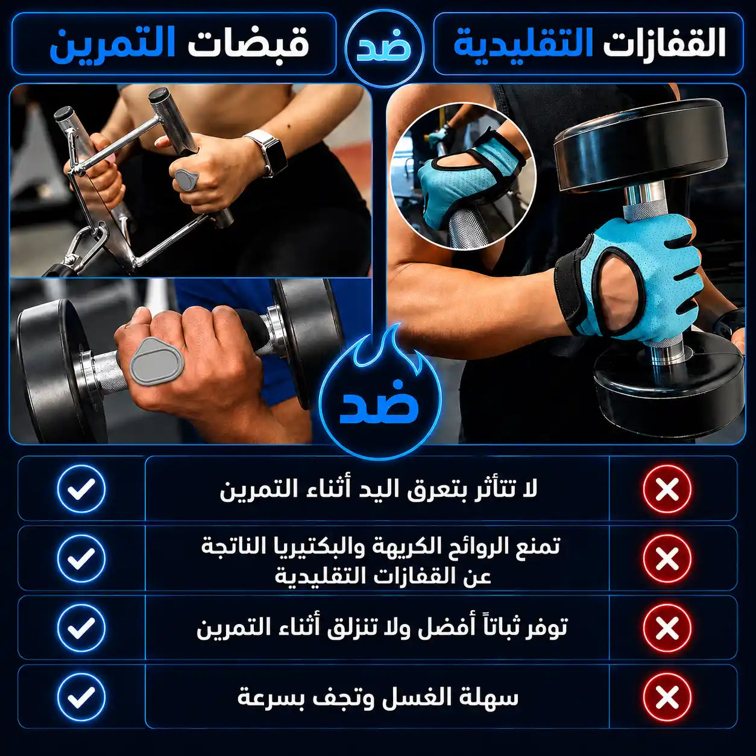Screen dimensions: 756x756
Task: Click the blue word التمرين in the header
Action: (x=112, y=45)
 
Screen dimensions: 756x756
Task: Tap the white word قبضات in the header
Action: (x=248, y=45)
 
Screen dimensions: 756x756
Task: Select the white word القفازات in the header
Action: (x=664, y=45)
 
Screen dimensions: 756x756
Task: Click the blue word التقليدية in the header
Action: (x=523, y=45)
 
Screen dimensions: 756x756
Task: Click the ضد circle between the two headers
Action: (x=384, y=47)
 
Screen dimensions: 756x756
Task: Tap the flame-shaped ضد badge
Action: (x=379, y=392)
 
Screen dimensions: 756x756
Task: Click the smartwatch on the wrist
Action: (x=267, y=153)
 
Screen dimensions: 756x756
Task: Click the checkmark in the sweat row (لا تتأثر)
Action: (x=81, y=489)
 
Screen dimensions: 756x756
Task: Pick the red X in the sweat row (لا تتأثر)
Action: (x=667, y=489)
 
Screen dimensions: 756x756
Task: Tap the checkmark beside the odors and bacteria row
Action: (x=81, y=558)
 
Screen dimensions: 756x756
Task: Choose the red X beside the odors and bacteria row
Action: (x=667, y=558)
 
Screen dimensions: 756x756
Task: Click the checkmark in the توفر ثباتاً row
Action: (x=81, y=628)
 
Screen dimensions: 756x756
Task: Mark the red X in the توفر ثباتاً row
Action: (x=667, y=628)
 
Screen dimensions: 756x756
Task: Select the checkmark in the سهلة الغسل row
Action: (x=81, y=697)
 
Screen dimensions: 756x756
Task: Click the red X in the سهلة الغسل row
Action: (x=667, y=697)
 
